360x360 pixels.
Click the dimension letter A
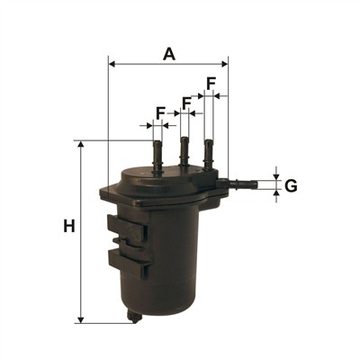point(169,54)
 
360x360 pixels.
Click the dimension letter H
point(69,226)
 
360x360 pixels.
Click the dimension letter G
point(291,186)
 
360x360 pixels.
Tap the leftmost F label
point(161,113)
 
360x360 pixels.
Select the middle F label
point(186,103)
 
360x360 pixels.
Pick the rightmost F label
point(211,83)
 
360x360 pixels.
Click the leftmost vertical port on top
point(157,157)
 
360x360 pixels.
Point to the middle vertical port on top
point(184,151)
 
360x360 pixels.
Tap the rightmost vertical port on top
point(208,155)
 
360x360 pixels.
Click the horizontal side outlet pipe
point(238,184)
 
